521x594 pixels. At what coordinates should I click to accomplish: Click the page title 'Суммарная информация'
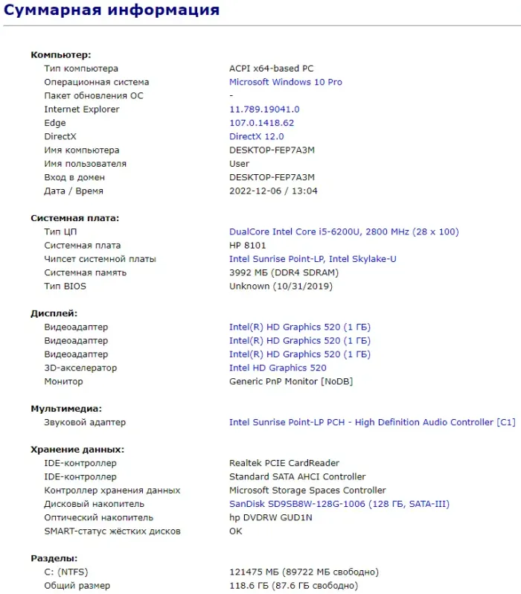112,10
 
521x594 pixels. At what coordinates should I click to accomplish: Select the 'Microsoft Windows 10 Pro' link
285,82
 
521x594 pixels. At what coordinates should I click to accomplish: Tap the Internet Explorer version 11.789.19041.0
264,109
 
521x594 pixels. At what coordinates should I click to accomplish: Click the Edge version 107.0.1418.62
261,123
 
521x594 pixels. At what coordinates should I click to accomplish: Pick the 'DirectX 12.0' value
256,137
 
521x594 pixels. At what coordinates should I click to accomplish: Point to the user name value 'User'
239,164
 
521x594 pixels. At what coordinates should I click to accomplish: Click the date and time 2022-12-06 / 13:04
273,191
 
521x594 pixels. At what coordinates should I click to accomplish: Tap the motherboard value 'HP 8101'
247,246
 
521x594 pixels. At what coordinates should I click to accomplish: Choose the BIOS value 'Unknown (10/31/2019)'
281,286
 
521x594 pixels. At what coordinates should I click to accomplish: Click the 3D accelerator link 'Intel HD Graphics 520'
278,368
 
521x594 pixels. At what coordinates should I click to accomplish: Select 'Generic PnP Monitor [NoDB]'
291,382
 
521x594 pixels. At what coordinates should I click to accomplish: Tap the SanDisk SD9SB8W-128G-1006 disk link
339,504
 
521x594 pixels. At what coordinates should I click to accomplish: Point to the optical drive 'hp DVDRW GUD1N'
270,517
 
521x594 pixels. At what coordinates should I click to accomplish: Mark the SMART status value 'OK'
236,531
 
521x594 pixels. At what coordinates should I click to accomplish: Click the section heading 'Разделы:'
54,558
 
